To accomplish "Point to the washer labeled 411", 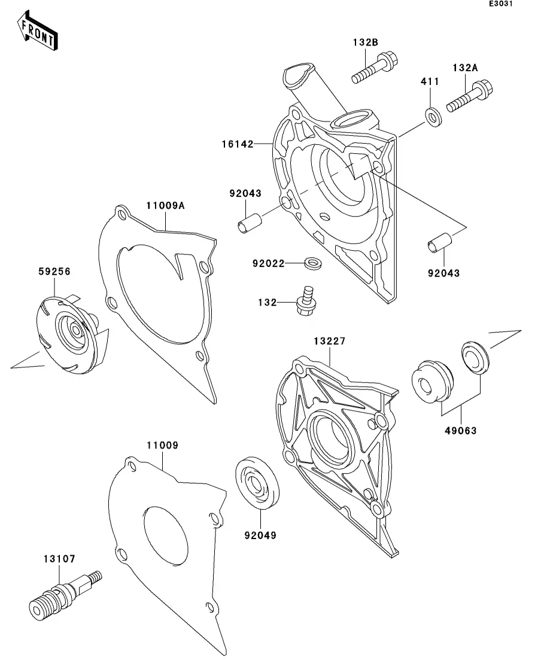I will click(x=433, y=115).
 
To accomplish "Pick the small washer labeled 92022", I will click(x=311, y=262).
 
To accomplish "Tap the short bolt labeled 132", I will click(x=306, y=301).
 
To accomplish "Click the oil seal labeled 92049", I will click(x=259, y=482).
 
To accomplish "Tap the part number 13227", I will click(x=329, y=341).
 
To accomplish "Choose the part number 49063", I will click(x=461, y=430).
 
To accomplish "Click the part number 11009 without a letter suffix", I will click(x=162, y=445).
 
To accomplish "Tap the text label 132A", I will click(x=465, y=68).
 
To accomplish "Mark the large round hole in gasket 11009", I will click(x=166, y=534).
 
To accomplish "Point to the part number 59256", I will click(x=54, y=271).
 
